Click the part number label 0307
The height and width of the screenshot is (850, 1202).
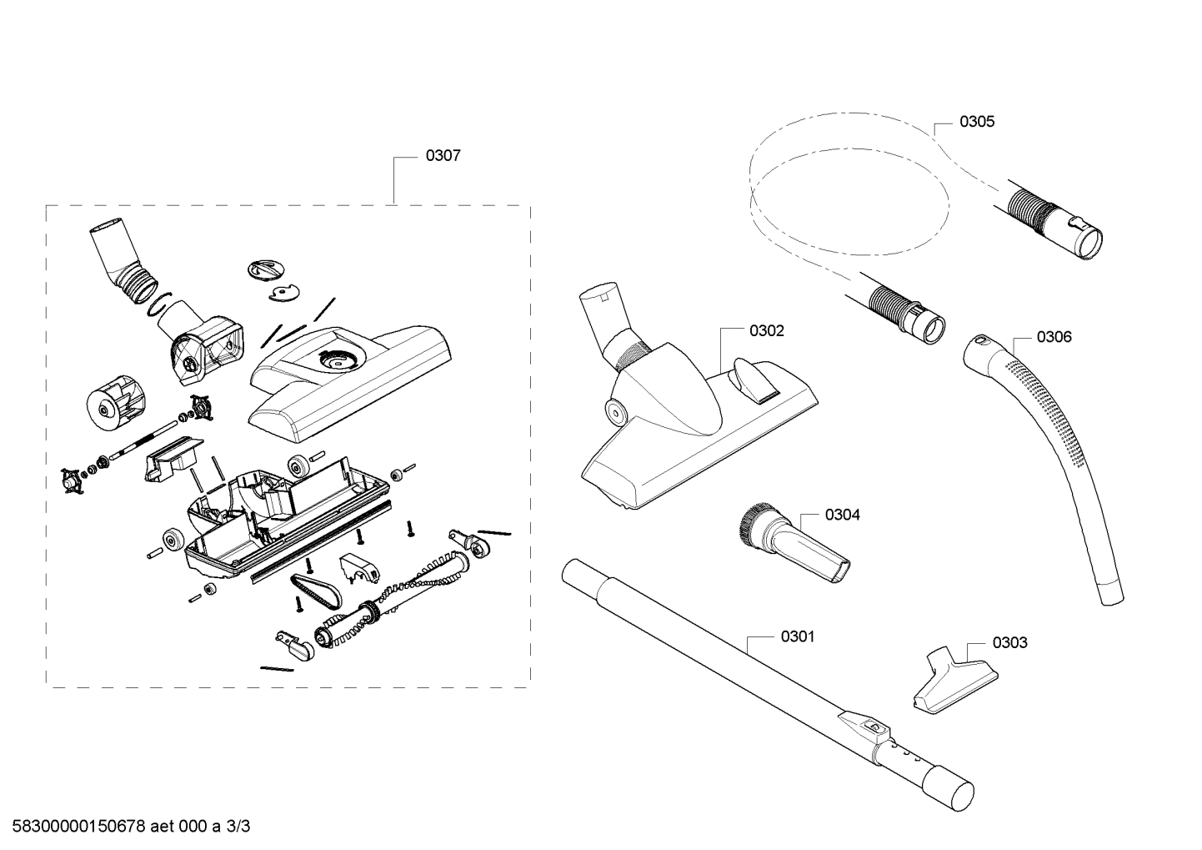pyautogui.click(x=443, y=156)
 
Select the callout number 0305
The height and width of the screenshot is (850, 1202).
pyautogui.click(x=977, y=122)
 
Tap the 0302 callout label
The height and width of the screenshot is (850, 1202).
pyautogui.click(x=766, y=331)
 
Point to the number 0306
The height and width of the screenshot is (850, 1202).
pyautogui.click(x=1054, y=337)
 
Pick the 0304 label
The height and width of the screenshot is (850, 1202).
pyautogui.click(x=843, y=515)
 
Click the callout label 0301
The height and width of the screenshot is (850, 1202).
pyautogui.click(x=798, y=636)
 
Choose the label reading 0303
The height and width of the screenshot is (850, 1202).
pyautogui.click(x=1010, y=643)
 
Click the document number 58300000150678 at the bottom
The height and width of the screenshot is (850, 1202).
pyautogui.click(x=78, y=827)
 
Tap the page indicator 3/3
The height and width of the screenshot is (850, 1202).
pyautogui.click(x=238, y=827)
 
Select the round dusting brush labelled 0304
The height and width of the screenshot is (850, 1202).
pyautogui.click(x=792, y=544)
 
